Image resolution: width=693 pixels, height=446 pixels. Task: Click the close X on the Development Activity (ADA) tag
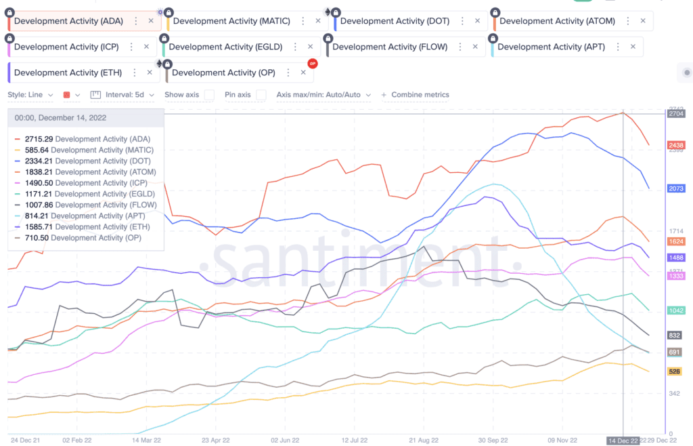click(x=151, y=21)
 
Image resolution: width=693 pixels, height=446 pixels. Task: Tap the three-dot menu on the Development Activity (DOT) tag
click(x=462, y=21)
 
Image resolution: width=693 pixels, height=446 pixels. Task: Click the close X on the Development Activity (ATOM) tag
click(x=643, y=21)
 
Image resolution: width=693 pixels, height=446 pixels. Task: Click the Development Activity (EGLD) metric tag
click(x=225, y=47)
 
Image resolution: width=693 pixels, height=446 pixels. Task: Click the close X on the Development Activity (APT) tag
click(x=633, y=47)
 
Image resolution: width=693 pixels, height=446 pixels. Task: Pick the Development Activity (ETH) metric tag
click(x=68, y=73)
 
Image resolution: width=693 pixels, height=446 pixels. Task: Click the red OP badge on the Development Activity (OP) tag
click(x=312, y=64)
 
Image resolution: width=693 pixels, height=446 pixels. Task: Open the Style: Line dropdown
click(x=30, y=95)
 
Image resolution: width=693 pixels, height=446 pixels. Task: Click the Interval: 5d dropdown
click(x=128, y=95)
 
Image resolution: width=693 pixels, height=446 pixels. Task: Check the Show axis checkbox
click(x=210, y=95)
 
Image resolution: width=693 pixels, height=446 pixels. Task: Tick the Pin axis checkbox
click(x=261, y=95)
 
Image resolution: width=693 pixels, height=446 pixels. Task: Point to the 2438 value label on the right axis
click(x=675, y=145)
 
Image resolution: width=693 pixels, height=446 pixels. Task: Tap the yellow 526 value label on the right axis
click(x=674, y=371)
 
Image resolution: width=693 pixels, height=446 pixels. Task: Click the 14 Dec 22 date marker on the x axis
click(x=623, y=441)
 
